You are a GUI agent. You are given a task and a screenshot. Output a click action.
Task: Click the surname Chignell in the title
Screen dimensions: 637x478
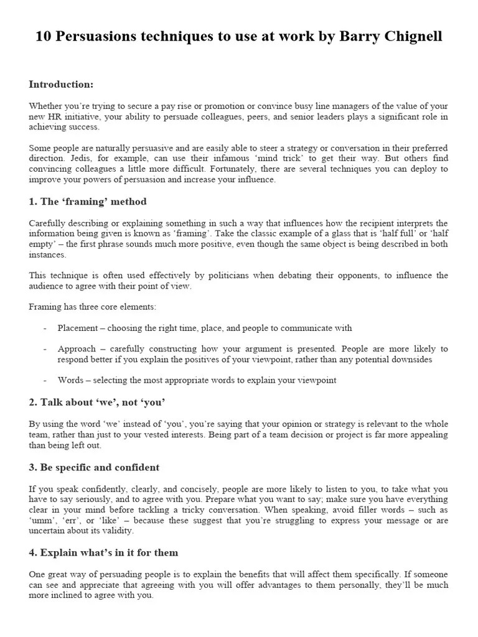410,37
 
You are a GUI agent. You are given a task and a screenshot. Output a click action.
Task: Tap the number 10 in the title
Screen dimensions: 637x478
43,37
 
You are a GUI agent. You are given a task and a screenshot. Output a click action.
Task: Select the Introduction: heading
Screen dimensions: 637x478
61,85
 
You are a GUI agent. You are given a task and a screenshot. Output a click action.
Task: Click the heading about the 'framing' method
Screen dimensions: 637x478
88,202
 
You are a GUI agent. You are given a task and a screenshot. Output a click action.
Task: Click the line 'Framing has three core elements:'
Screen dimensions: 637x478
93,307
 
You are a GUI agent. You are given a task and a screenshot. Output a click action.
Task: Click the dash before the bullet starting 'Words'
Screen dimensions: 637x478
45,380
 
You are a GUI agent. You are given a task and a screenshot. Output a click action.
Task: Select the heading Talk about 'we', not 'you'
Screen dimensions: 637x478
97,402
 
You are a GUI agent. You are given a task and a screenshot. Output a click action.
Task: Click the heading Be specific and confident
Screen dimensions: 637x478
94,467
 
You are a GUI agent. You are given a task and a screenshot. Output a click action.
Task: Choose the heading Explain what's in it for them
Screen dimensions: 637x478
103,552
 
